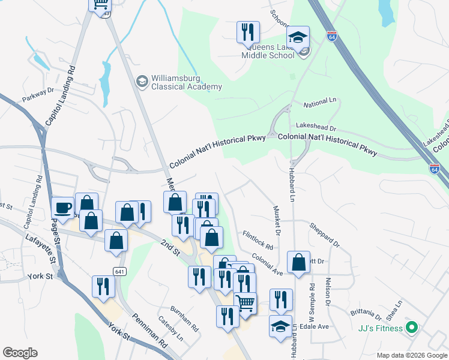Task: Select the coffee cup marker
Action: point(62,208)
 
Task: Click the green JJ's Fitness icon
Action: point(411,328)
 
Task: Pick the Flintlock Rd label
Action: point(258,240)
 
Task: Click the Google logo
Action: point(20,353)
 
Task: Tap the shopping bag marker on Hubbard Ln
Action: point(298,263)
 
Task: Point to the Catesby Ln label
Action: point(170,329)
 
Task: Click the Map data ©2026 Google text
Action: point(411,355)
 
